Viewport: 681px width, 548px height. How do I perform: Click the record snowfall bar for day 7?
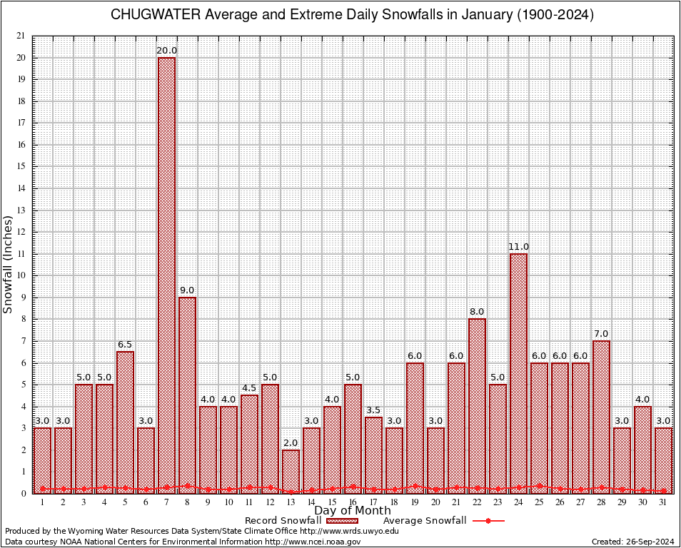166,275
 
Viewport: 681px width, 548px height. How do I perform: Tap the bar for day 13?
291,471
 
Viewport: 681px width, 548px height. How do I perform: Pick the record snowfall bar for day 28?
601,417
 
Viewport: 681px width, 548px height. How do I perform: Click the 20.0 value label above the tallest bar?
166,50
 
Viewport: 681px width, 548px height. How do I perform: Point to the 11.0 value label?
518,247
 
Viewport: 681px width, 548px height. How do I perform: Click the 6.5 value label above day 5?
125,345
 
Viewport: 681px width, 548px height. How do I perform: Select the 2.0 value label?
291,443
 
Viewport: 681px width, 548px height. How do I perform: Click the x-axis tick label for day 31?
663,502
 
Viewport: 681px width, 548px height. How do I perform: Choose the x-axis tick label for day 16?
353,502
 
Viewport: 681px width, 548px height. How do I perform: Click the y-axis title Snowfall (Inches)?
9,264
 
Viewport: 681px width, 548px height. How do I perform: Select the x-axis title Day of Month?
353,511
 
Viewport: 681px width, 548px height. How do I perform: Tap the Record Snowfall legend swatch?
343,521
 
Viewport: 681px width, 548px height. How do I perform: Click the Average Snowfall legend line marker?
488,521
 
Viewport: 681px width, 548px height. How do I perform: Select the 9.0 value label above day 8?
187,290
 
